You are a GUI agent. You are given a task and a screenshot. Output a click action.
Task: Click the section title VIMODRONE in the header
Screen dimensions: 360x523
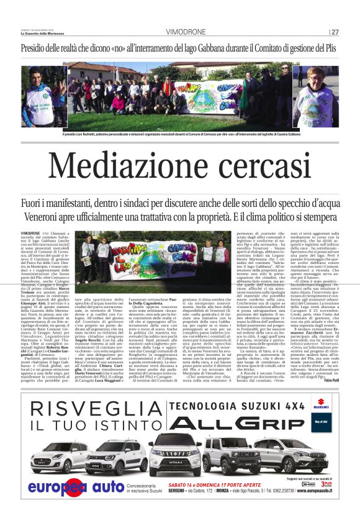186,32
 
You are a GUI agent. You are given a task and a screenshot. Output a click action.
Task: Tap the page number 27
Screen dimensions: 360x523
335,32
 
